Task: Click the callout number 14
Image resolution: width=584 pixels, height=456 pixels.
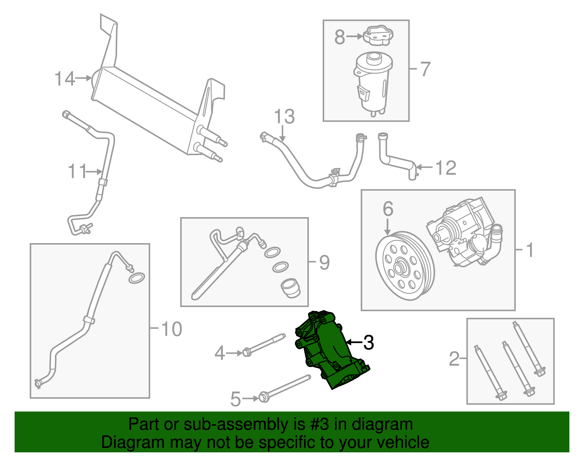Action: tap(65, 79)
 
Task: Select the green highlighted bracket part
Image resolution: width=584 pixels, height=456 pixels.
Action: tap(328, 350)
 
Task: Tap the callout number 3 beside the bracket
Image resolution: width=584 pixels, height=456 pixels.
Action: tap(368, 342)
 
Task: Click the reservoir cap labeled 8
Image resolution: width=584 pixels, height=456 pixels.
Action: tap(377, 36)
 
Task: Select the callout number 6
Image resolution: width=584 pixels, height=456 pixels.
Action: tap(388, 209)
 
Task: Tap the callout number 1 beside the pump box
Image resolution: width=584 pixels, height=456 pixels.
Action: tap(530, 250)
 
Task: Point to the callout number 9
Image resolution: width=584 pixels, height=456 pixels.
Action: tap(324, 262)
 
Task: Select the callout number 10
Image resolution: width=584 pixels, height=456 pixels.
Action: tap(171, 329)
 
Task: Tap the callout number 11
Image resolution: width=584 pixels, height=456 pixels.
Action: tap(77, 171)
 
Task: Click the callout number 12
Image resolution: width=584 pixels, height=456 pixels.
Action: tap(446, 168)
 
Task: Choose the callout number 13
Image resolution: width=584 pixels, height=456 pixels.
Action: tap(284, 117)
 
